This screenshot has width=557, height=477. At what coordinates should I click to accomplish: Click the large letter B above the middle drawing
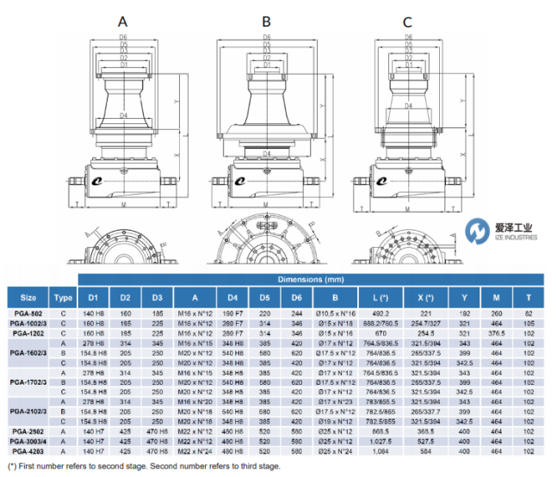266,20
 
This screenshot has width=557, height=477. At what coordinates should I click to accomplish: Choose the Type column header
63,296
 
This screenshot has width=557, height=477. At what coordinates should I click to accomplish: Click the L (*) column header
381,296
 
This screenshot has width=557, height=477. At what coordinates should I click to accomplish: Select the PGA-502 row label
27,313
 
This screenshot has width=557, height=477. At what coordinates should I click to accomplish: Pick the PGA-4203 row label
27,449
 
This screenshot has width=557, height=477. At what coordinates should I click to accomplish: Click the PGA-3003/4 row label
27,441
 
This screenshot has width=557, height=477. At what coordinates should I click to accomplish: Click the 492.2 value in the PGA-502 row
381,313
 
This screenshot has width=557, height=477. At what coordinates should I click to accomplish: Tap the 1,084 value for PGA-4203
381,449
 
